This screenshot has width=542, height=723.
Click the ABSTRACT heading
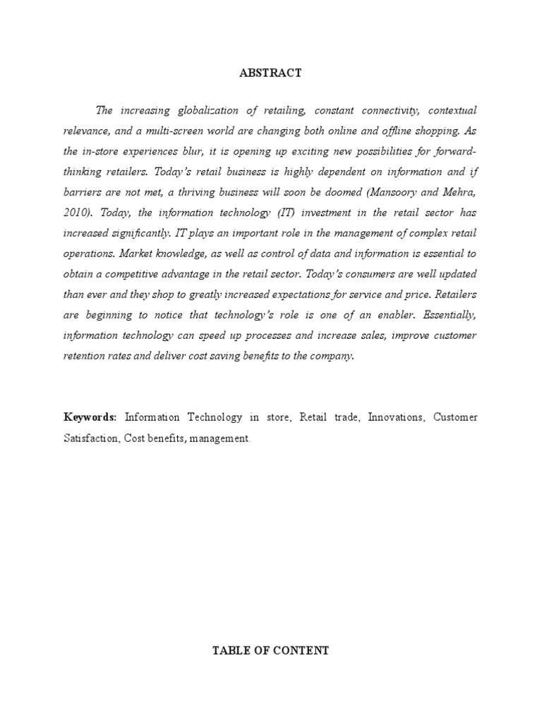tap(271, 73)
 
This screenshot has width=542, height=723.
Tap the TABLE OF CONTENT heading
tap(271, 650)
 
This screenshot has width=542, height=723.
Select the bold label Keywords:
tap(90, 417)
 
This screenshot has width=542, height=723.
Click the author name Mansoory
tap(390, 192)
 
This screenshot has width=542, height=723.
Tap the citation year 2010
tap(76, 213)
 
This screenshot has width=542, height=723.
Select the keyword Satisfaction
tap(91, 438)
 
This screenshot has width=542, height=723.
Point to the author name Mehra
tap(454, 192)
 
